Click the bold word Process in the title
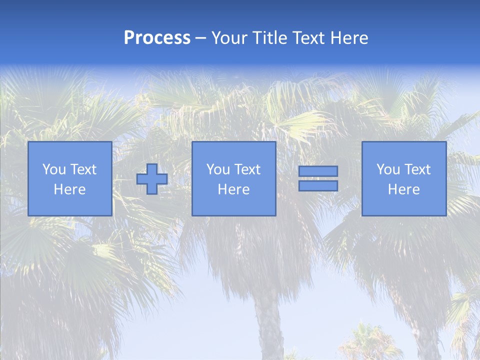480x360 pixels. [x=157, y=38]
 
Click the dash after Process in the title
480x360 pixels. [x=201, y=38]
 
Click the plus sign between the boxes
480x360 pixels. [x=152, y=179]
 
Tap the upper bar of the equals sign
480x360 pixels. [x=318, y=171]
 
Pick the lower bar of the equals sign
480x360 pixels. [x=318, y=186]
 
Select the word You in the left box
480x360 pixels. [x=54, y=169]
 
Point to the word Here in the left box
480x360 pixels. [x=69, y=189]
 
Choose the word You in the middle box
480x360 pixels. [x=218, y=169]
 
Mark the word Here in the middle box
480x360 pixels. [x=233, y=189]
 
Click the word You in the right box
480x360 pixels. [x=388, y=169]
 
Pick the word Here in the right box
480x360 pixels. [x=403, y=189]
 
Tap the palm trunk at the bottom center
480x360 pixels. [x=268, y=325]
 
